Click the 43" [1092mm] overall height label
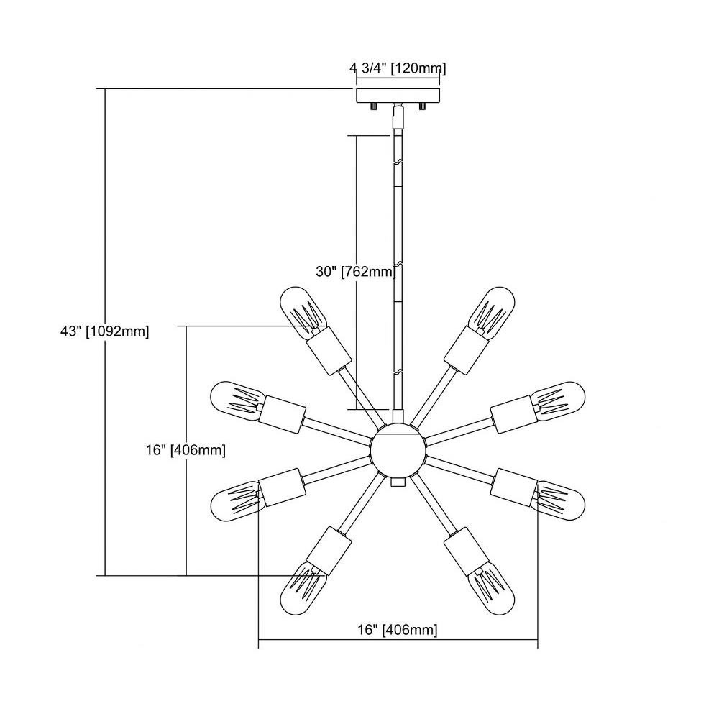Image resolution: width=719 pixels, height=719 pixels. point(104,331)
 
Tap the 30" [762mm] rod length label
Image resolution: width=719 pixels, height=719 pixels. point(356,272)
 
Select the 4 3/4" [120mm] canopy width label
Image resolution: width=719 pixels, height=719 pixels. point(398,68)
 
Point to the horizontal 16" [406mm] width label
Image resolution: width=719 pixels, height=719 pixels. point(398,630)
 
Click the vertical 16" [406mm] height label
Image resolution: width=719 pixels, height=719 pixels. point(186,450)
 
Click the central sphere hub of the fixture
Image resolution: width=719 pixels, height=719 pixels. point(398,450)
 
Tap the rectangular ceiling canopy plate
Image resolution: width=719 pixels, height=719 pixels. point(398,96)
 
